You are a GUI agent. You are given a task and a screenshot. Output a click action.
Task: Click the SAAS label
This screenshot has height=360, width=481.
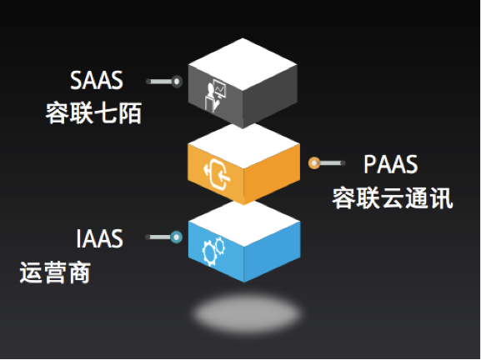click(x=97, y=80)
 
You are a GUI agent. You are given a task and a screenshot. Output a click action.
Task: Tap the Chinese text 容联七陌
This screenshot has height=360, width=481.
click(x=93, y=113)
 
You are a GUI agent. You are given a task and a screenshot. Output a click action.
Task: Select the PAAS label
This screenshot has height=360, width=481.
click(x=390, y=164)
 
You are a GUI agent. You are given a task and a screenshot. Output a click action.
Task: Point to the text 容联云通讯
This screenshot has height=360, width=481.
click(x=393, y=198)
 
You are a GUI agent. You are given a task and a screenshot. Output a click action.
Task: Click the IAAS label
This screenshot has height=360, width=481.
click(x=99, y=238)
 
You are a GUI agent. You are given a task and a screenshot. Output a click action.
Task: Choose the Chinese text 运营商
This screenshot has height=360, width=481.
click(x=55, y=272)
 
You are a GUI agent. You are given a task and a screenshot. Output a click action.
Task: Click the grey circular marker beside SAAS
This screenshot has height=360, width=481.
click(x=177, y=82)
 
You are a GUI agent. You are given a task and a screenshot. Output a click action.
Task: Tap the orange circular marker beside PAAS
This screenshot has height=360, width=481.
click(x=314, y=162)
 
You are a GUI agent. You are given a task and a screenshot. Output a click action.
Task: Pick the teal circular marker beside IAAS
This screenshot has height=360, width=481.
click(x=177, y=237)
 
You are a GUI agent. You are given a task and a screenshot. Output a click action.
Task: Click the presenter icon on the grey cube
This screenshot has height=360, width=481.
click(x=216, y=95)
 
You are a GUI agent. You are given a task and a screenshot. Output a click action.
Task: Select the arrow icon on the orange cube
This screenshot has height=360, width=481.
click(x=217, y=174)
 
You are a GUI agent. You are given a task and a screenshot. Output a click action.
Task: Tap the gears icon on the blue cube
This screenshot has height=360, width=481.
click(x=213, y=251)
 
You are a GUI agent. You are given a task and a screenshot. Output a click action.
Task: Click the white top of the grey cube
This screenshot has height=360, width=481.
click(x=243, y=64)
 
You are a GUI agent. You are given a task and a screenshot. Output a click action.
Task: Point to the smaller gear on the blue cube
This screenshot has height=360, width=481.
click(x=220, y=245)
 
